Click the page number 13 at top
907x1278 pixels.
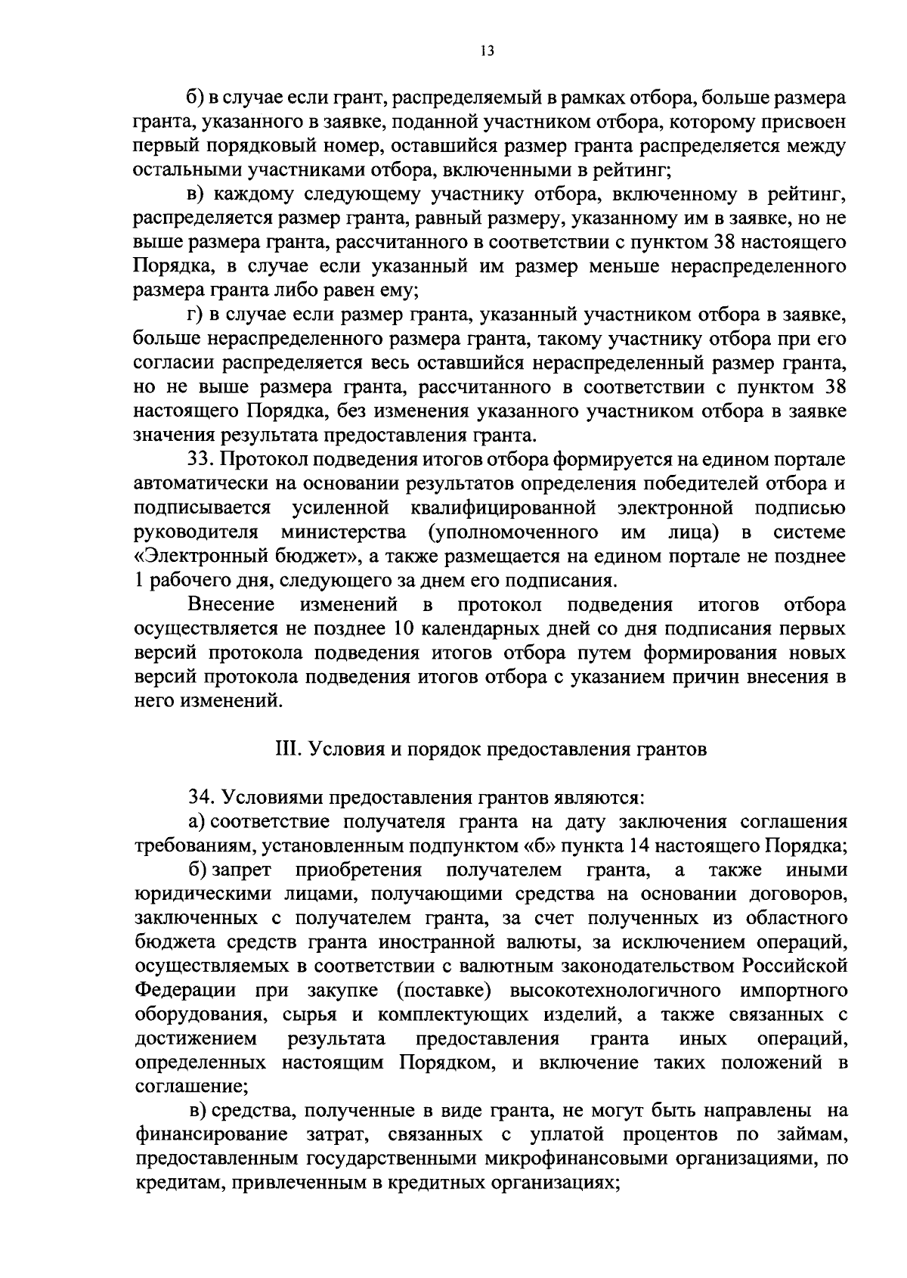coord(486,51)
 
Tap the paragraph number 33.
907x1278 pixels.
coord(200,460)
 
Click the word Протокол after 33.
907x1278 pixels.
coord(267,460)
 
